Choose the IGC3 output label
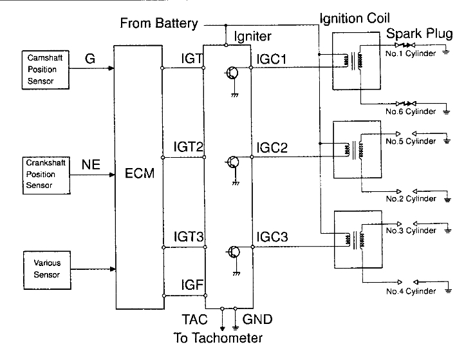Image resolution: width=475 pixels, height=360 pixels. tap(272, 238)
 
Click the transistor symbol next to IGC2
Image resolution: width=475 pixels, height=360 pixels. tap(232, 163)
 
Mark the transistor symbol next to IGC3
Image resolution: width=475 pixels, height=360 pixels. tap(232, 252)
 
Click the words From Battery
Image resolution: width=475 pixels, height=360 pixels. tap(159, 24)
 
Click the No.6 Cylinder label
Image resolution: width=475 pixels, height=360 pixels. tap(411, 111)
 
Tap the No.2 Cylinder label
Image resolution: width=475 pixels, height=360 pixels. tap(411, 199)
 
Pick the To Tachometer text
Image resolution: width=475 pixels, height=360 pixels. tap(218, 337)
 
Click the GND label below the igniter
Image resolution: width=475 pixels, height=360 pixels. tap(257, 319)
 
